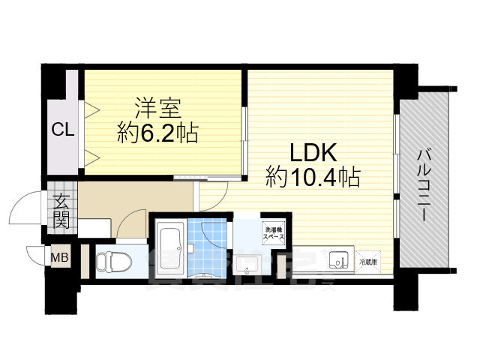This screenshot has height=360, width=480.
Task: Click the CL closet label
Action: [62, 129]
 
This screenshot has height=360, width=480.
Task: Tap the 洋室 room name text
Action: [157, 107]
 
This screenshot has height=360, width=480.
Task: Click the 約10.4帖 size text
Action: [313, 178]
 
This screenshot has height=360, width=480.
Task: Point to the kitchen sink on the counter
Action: [339, 261]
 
